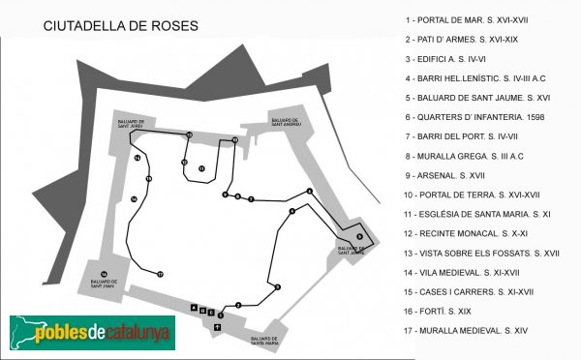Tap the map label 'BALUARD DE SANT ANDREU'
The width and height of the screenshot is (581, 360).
click(x=286, y=124)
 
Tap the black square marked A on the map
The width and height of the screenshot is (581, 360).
click(x=194, y=309)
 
